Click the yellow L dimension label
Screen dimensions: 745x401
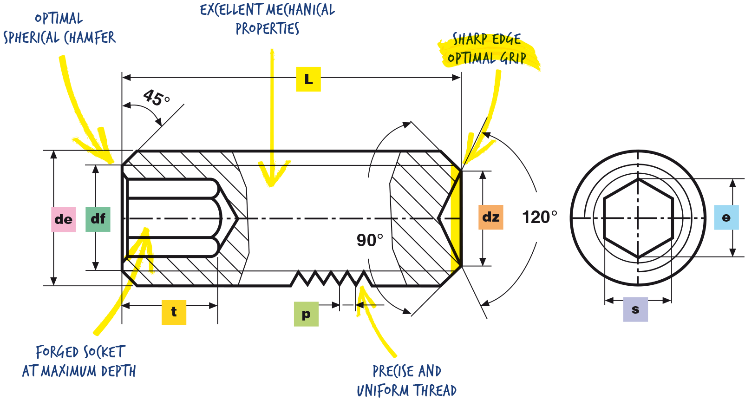(308, 79)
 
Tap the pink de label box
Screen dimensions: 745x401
(64, 219)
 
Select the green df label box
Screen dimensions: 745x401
(98, 219)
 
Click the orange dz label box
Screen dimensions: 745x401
(490, 217)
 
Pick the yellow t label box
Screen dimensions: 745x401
(174, 312)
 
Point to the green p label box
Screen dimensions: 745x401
(307, 314)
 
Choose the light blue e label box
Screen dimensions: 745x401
(726, 217)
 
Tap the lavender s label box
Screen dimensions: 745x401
(635, 309)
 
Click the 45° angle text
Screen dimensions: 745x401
(157, 98)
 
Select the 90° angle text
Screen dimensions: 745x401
(370, 240)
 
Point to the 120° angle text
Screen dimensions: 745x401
(539, 217)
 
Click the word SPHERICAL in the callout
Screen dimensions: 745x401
(32, 38)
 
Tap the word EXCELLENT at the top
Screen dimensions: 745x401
(231, 9)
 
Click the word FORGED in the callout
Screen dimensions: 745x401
(57, 352)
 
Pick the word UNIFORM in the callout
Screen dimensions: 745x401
(381, 390)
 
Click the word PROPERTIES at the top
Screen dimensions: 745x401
(268, 29)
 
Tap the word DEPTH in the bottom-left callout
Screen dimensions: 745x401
(118, 371)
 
